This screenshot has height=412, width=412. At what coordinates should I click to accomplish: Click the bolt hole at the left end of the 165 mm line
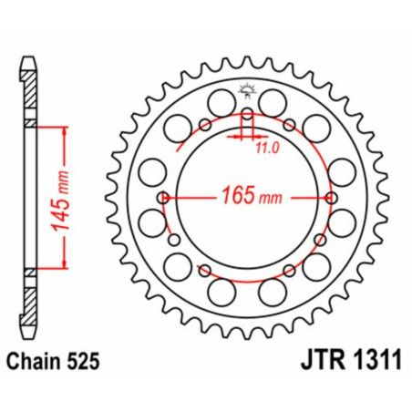coord(162,198)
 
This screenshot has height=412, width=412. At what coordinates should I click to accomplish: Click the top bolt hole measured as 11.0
coord(246,116)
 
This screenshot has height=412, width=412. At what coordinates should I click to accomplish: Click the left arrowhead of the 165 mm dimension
coord(170,198)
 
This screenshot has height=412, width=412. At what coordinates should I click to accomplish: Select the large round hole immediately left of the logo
coord(221,99)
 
